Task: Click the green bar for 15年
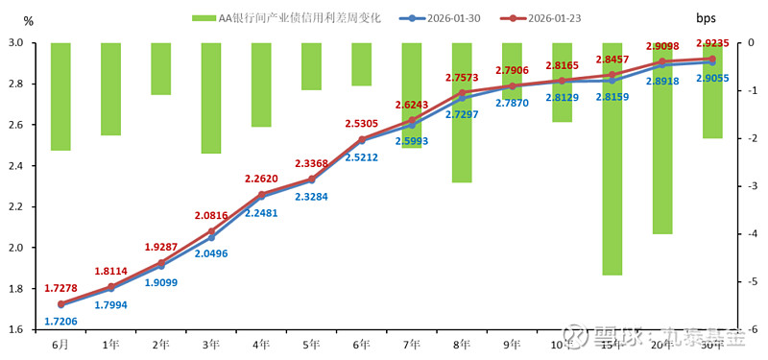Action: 612,158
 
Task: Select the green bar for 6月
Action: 60,96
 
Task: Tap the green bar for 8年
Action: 461,112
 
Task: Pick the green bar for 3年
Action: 211,98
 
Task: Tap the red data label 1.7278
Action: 60,288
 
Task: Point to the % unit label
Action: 28,20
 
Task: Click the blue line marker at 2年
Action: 160,266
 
